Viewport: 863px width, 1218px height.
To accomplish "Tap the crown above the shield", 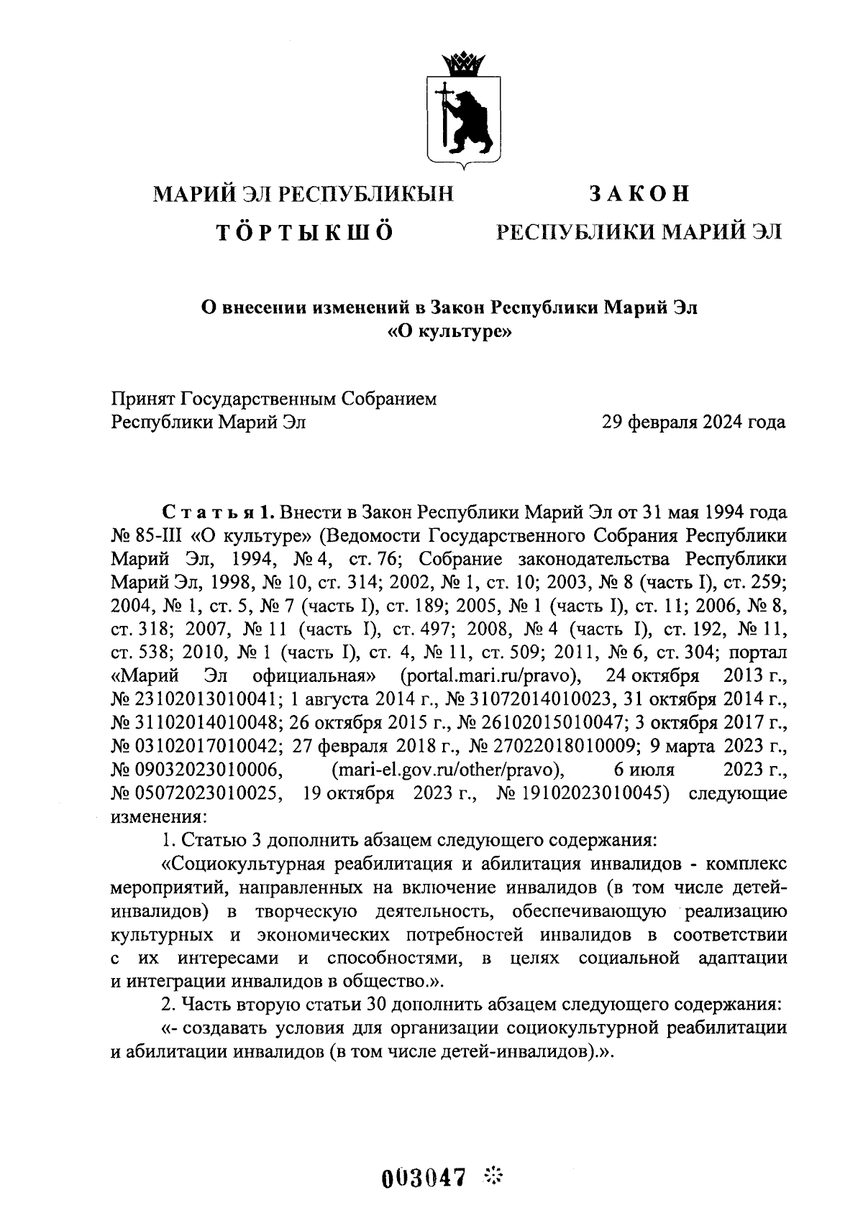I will [463, 65].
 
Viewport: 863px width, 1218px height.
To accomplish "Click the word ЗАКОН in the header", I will [639, 194].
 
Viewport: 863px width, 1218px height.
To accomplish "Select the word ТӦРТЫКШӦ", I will [304, 232].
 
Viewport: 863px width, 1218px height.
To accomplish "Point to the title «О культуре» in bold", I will [449, 332].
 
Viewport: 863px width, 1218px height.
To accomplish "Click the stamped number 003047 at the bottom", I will [424, 1178].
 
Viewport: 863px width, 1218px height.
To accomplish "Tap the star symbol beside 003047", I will [495, 1176].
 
